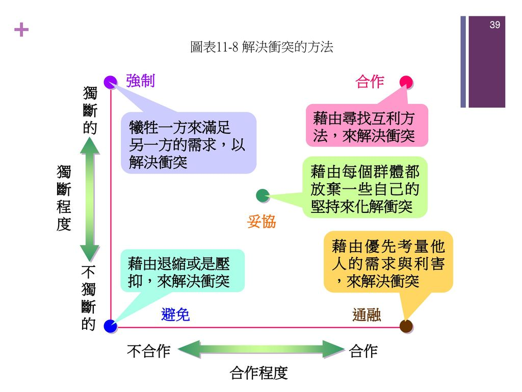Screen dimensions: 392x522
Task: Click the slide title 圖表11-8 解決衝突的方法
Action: coord(261,47)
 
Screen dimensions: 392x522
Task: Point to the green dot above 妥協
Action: coord(263,195)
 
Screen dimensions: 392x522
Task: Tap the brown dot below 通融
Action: coord(406,326)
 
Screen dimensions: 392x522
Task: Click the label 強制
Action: coord(140,81)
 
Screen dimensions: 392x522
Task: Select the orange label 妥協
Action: coord(261,222)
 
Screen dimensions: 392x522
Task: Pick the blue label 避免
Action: coord(175,315)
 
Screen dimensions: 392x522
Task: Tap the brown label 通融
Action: coord(367,315)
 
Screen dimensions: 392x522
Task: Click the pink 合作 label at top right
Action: coord(370,82)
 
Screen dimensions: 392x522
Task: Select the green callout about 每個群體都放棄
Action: coord(364,188)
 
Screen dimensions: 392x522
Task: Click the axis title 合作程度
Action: coord(259,373)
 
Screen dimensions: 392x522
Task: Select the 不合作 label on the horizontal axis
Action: coord(148,351)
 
